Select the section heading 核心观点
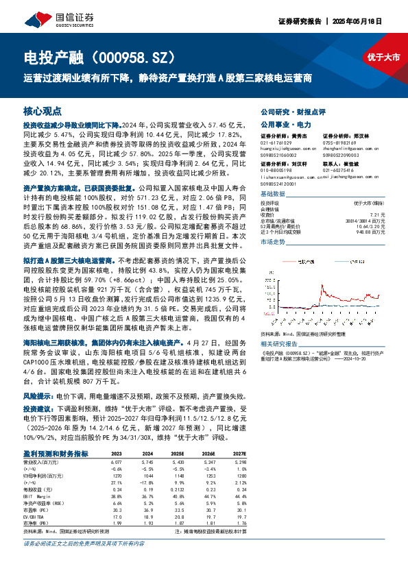[43, 110]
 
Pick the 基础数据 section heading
[274, 194]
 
